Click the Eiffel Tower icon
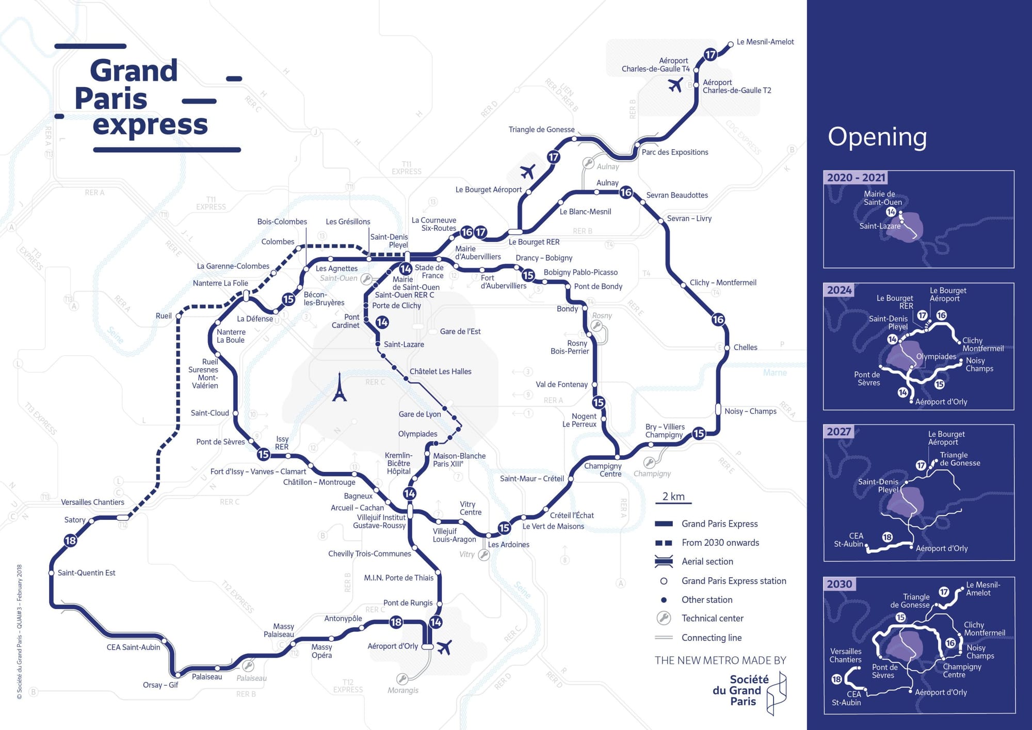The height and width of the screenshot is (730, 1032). (x=339, y=387)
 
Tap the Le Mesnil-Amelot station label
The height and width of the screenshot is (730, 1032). (x=765, y=42)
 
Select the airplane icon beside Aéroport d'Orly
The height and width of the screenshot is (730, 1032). (x=444, y=647)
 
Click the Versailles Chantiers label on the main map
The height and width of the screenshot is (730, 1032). (x=92, y=502)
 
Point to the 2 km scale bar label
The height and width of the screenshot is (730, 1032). (x=673, y=497)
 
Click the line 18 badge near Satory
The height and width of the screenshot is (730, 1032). (x=70, y=541)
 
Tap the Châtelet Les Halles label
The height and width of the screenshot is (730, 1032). (x=440, y=372)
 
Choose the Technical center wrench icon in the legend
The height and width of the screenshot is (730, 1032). (x=664, y=618)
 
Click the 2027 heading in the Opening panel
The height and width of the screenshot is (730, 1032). (x=838, y=432)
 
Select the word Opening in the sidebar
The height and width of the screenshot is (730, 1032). (x=877, y=137)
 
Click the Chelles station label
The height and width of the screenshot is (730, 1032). (x=745, y=347)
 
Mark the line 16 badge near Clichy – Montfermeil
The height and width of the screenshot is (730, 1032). (x=718, y=320)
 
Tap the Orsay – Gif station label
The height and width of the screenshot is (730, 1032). (x=160, y=685)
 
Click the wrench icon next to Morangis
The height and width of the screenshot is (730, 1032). (x=402, y=678)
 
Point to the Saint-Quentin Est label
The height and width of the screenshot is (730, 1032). (x=86, y=573)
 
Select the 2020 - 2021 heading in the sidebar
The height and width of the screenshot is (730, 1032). (x=856, y=178)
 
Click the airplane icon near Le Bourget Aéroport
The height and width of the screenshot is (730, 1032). (x=527, y=171)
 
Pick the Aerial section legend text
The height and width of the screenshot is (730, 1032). (x=707, y=562)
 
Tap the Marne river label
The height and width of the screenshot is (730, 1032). (x=775, y=373)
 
